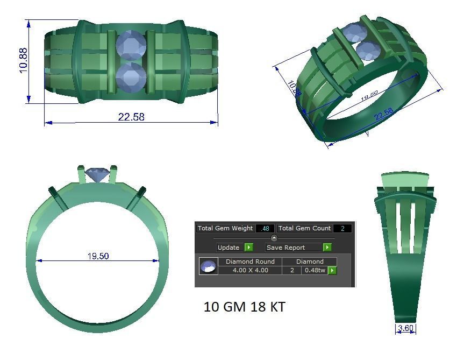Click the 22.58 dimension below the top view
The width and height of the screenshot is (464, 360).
pos(131,117)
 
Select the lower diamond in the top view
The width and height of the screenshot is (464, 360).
pos(131,78)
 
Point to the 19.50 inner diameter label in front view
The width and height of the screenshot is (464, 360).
pos(98,256)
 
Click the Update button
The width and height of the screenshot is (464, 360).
pos(229,248)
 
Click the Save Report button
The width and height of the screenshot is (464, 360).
pos(293,248)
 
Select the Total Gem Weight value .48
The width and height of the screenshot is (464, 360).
pos(265,228)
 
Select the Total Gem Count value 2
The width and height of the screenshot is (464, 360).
pos(342,228)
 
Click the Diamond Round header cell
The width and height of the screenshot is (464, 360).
pos(250,262)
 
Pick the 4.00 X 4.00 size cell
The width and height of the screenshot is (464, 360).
pos(250,270)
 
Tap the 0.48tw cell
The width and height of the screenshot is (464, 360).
pos(315,270)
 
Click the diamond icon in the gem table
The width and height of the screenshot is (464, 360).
pos(208,266)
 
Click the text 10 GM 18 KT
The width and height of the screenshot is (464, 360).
pos(244,307)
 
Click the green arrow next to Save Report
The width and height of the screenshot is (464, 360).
pos(327,248)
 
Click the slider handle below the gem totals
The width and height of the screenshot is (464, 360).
pos(274,238)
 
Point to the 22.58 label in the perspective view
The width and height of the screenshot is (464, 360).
pos(383,112)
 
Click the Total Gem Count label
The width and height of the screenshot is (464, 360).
pos(304,228)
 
